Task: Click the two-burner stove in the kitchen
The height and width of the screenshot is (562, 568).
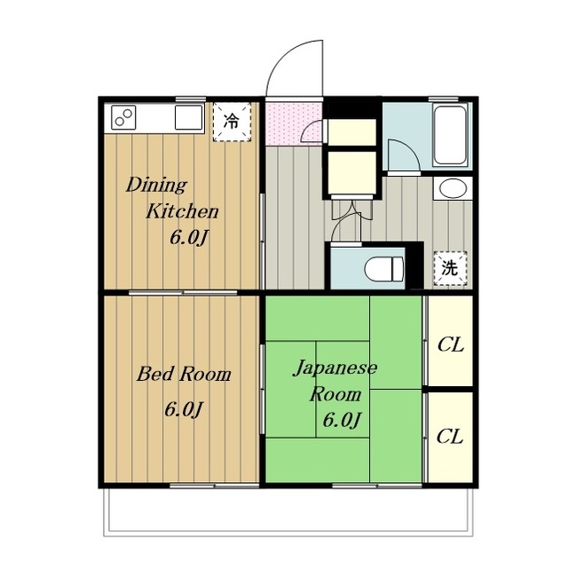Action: point(123,117)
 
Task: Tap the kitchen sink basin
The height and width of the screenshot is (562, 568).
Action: point(188,117)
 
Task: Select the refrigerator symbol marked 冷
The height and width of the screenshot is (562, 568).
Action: point(232,122)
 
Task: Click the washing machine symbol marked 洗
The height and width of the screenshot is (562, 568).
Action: point(450,268)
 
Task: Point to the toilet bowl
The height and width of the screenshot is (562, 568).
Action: point(384,269)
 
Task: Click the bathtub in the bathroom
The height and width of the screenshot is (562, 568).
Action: point(449,135)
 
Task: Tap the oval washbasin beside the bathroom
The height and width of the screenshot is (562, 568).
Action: point(452,188)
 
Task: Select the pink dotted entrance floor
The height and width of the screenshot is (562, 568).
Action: point(294,124)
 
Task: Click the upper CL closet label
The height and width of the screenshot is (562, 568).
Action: point(450,344)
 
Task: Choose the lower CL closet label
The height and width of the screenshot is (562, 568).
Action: point(450,437)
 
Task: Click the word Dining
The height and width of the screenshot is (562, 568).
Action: point(156,185)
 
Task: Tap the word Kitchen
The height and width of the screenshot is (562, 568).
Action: point(182,211)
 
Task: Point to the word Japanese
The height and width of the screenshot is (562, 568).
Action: point(335,368)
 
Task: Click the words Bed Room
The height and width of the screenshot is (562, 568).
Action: point(184,374)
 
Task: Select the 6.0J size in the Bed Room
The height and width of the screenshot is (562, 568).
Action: point(184,409)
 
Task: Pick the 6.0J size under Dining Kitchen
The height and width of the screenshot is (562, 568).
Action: point(189,238)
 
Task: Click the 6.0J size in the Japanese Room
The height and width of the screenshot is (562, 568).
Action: point(342,420)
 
